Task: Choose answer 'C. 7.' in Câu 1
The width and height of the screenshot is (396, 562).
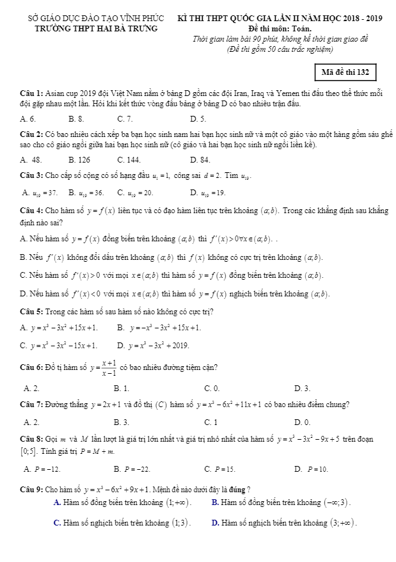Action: (x=125, y=119)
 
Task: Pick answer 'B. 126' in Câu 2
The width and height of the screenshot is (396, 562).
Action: (x=79, y=159)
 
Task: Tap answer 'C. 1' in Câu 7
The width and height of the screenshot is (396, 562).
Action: (x=211, y=422)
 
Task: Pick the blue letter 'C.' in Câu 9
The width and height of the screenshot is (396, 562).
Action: (x=58, y=523)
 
